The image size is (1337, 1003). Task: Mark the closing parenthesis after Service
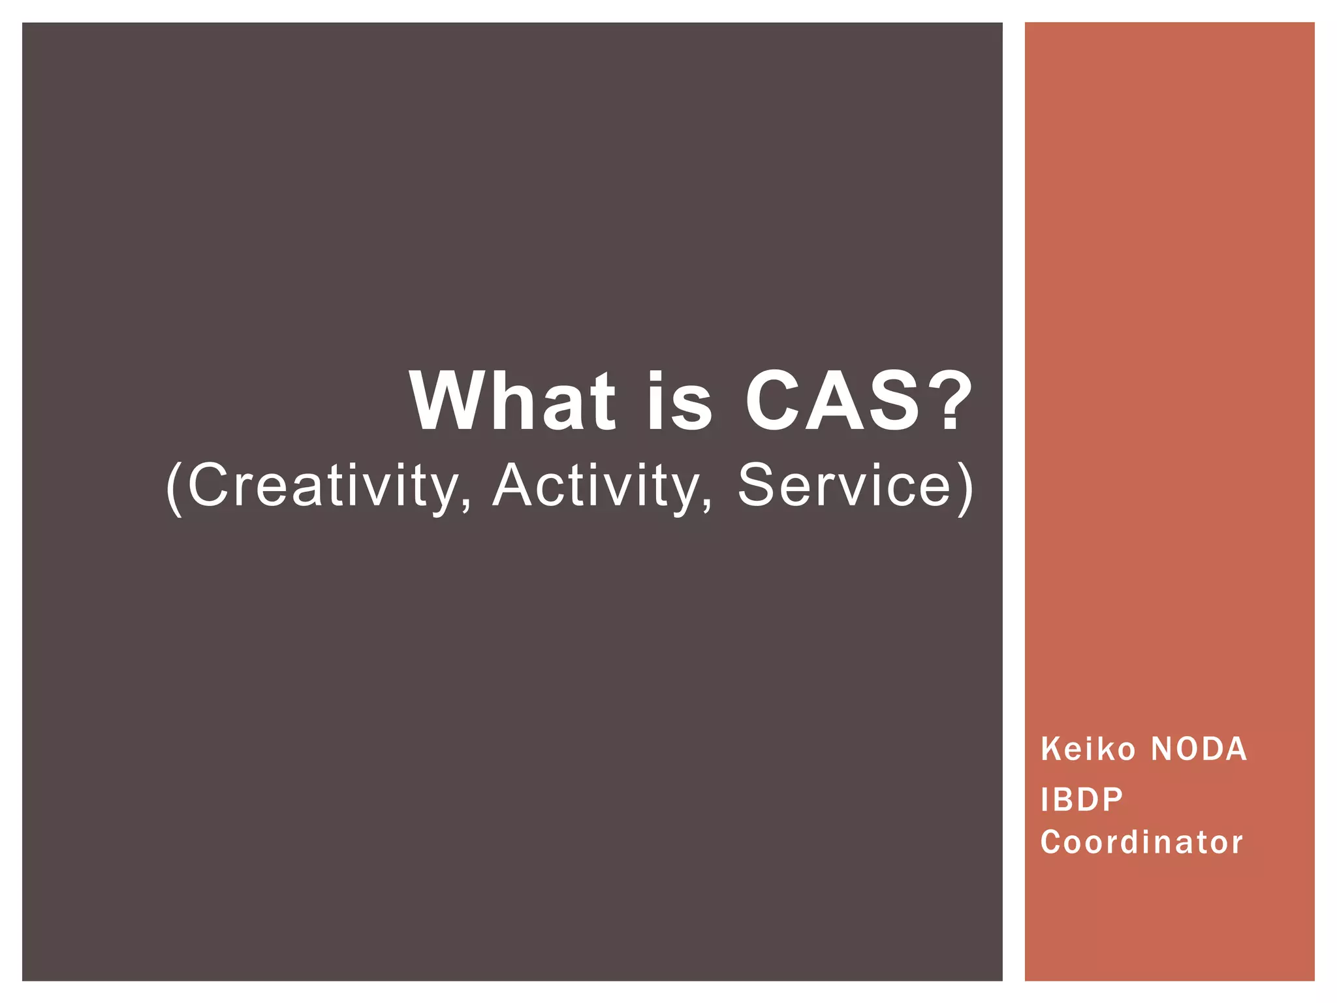click(x=965, y=488)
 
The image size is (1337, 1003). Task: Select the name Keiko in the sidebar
click(x=1088, y=749)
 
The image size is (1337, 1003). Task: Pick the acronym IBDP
click(x=1082, y=800)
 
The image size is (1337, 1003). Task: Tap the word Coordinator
click(x=1142, y=842)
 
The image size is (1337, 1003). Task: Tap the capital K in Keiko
click(x=1050, y=749)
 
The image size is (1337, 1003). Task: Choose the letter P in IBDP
click(x=1112, y=800)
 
